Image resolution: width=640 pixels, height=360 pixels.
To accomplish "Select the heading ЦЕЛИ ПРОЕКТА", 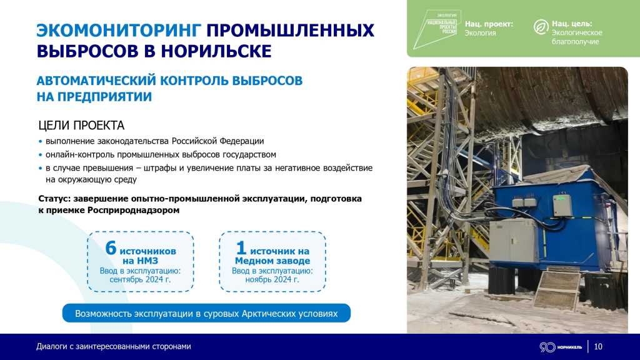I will coord(81,125).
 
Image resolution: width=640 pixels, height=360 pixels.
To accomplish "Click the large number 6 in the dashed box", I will coord(111,248).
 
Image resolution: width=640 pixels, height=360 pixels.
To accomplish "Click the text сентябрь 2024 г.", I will coord(140,280).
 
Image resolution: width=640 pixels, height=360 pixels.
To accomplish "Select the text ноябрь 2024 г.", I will coord(272,280).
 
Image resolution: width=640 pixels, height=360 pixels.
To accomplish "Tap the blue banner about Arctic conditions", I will coord(206,313).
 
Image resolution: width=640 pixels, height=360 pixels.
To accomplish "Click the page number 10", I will coord(598,347).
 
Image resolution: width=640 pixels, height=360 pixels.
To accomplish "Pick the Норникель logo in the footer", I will coord(560,347).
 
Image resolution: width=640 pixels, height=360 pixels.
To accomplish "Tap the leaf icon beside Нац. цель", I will coord(540,27).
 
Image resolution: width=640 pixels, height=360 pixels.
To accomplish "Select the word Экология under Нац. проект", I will coord(480,33).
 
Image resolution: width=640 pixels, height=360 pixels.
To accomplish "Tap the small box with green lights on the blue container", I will coord(561,204).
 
